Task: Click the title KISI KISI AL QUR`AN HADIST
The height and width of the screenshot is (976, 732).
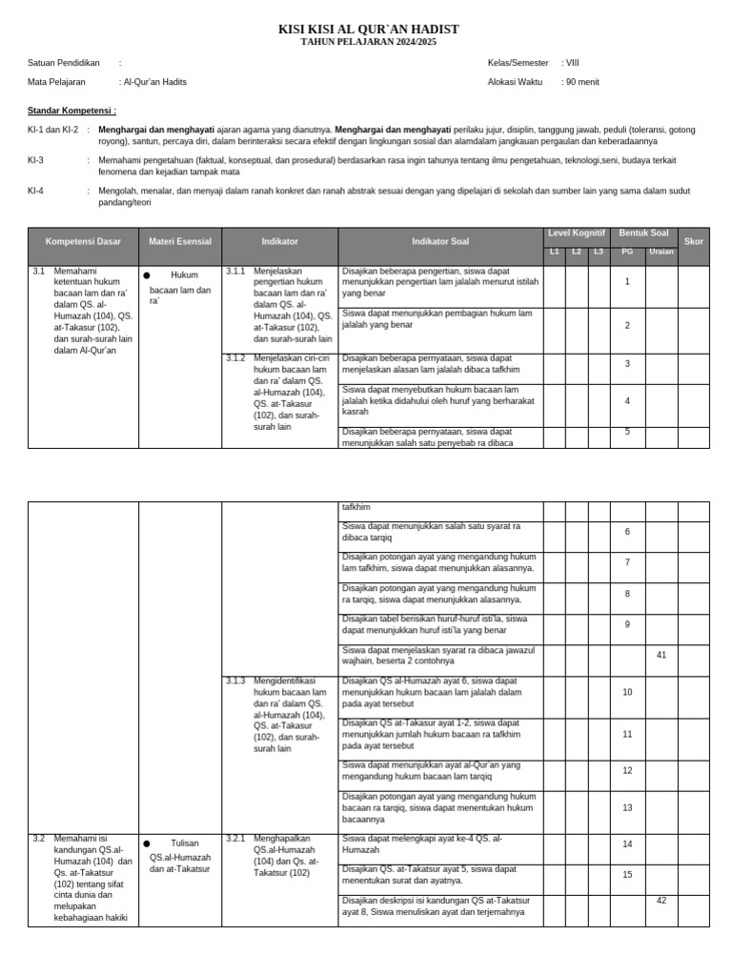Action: [x=368, y=30]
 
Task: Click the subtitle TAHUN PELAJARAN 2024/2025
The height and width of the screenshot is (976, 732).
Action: [x=368, y=43]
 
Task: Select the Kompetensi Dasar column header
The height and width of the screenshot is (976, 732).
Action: [x=83, y=242]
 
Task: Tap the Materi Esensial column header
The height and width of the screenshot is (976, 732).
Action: [x=180, y=242]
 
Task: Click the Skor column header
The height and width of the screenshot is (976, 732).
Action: [x=693, y=242]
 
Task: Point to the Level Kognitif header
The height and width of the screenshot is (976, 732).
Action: [x=576, y=234]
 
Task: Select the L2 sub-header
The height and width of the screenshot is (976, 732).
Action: [x=577, y=252]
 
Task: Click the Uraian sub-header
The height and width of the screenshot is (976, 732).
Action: [x=661, y=252]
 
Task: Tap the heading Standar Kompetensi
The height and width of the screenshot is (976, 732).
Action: [x=71, y=111]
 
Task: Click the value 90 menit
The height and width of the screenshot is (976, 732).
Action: [x=582, y=82]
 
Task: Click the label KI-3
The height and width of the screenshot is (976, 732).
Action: [x=35, y=160]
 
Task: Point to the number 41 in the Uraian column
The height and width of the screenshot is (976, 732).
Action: [x=661, y=655]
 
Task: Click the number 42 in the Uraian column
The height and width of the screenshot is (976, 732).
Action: [x=661, y=901]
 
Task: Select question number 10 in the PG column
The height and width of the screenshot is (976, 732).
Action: [x=627, y=692]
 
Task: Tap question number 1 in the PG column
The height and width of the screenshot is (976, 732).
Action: [x=627, y=282]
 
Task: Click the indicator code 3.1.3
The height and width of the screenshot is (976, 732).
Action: [x=235, y=681]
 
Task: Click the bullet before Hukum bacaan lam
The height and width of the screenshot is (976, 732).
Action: [x=147, y=275]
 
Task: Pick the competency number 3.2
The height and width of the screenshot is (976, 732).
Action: [x=39, y=839]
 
